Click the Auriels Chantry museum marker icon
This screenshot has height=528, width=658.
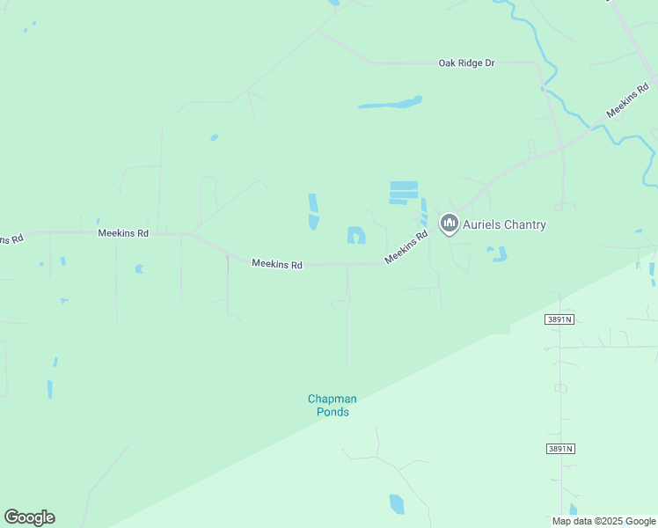click(450, 224)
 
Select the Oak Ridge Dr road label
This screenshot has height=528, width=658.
click(467, 63)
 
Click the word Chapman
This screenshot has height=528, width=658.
click(332, 399)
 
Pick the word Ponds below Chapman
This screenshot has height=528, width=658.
click(333, 412)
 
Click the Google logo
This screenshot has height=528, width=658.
click(29, 517)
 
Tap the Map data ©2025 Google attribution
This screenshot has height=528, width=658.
click(603, 521)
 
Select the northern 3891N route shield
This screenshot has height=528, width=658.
click(559, 319)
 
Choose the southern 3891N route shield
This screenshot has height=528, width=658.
click(559, 449)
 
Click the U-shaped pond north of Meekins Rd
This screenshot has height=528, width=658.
click(355, 235)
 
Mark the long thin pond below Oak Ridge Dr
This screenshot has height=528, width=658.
click(391, 103)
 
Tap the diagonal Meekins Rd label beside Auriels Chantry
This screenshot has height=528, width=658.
click(406, 246)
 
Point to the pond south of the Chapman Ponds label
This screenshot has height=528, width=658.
click(397, 504)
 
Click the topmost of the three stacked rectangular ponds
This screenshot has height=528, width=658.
click(404, 185)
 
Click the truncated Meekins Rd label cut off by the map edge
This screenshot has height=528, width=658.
click(11, 239)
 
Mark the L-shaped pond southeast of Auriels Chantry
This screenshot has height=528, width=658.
click(499, 254)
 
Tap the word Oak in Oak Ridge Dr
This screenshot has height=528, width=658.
click(449, 63)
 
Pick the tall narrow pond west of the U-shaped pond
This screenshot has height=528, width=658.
click(313, 211)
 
